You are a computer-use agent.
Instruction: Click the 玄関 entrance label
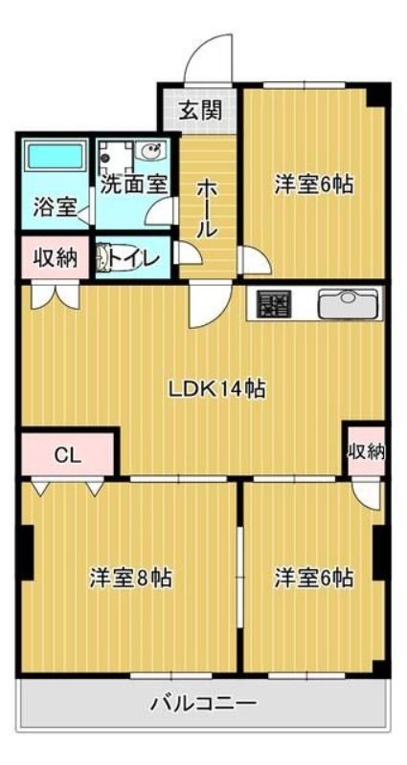point(199,111)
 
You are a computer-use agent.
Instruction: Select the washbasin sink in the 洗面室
point(152,151)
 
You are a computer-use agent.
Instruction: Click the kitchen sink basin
point(348,304)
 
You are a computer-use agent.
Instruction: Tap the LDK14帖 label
point(217,389)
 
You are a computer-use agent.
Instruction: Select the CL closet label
point(67,456)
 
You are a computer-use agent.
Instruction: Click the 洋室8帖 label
point(129,579)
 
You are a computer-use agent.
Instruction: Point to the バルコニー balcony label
point(203,704)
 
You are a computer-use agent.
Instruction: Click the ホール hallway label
point(207,208)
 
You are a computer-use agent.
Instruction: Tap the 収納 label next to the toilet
point(56,257)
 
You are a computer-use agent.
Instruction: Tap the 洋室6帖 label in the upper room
point(313,185)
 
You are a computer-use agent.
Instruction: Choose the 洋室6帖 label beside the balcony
point(313,579)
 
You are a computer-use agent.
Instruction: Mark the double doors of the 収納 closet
point(56,295)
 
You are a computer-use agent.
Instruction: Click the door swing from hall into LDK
point(209,304)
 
